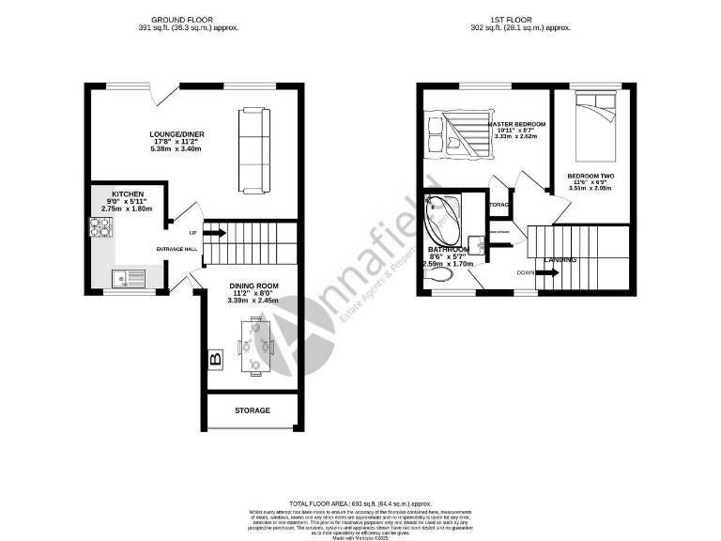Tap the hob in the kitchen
100,226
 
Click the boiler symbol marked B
215,359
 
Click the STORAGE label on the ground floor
253,410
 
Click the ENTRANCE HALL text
176,249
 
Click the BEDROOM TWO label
591,176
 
